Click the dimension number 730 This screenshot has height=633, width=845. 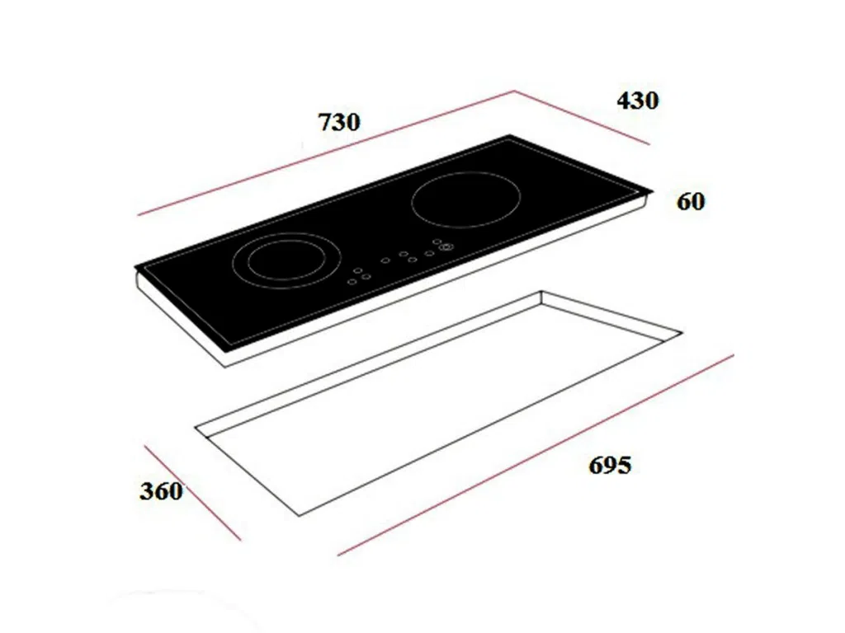[339, 122]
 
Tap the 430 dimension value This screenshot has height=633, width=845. [638, 101]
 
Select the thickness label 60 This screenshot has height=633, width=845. [691, 201]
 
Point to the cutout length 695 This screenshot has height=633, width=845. [610, 465]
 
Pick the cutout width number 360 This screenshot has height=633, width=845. [161, 491]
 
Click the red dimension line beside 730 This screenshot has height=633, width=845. [327, 152]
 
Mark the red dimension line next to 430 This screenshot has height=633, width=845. [582, 117]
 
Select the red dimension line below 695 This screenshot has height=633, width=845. [536, 455]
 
